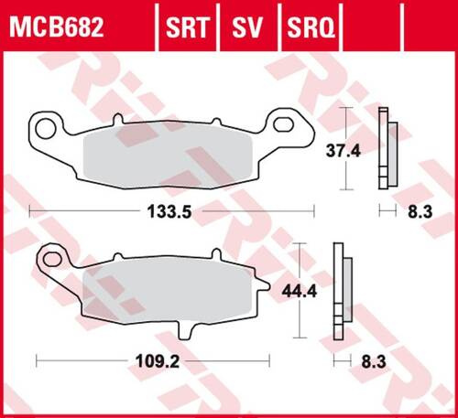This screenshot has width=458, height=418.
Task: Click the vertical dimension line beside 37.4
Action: (344, 147)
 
